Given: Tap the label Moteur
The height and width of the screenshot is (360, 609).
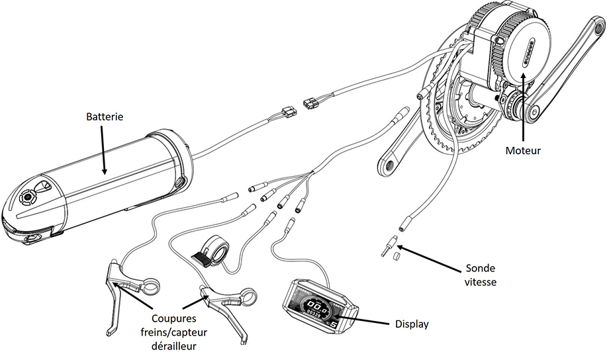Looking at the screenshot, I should [x=523, y=151].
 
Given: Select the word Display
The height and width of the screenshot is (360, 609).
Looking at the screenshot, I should [x=412, y=324].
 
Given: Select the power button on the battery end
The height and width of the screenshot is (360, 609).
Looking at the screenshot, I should [x=29, y=197].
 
